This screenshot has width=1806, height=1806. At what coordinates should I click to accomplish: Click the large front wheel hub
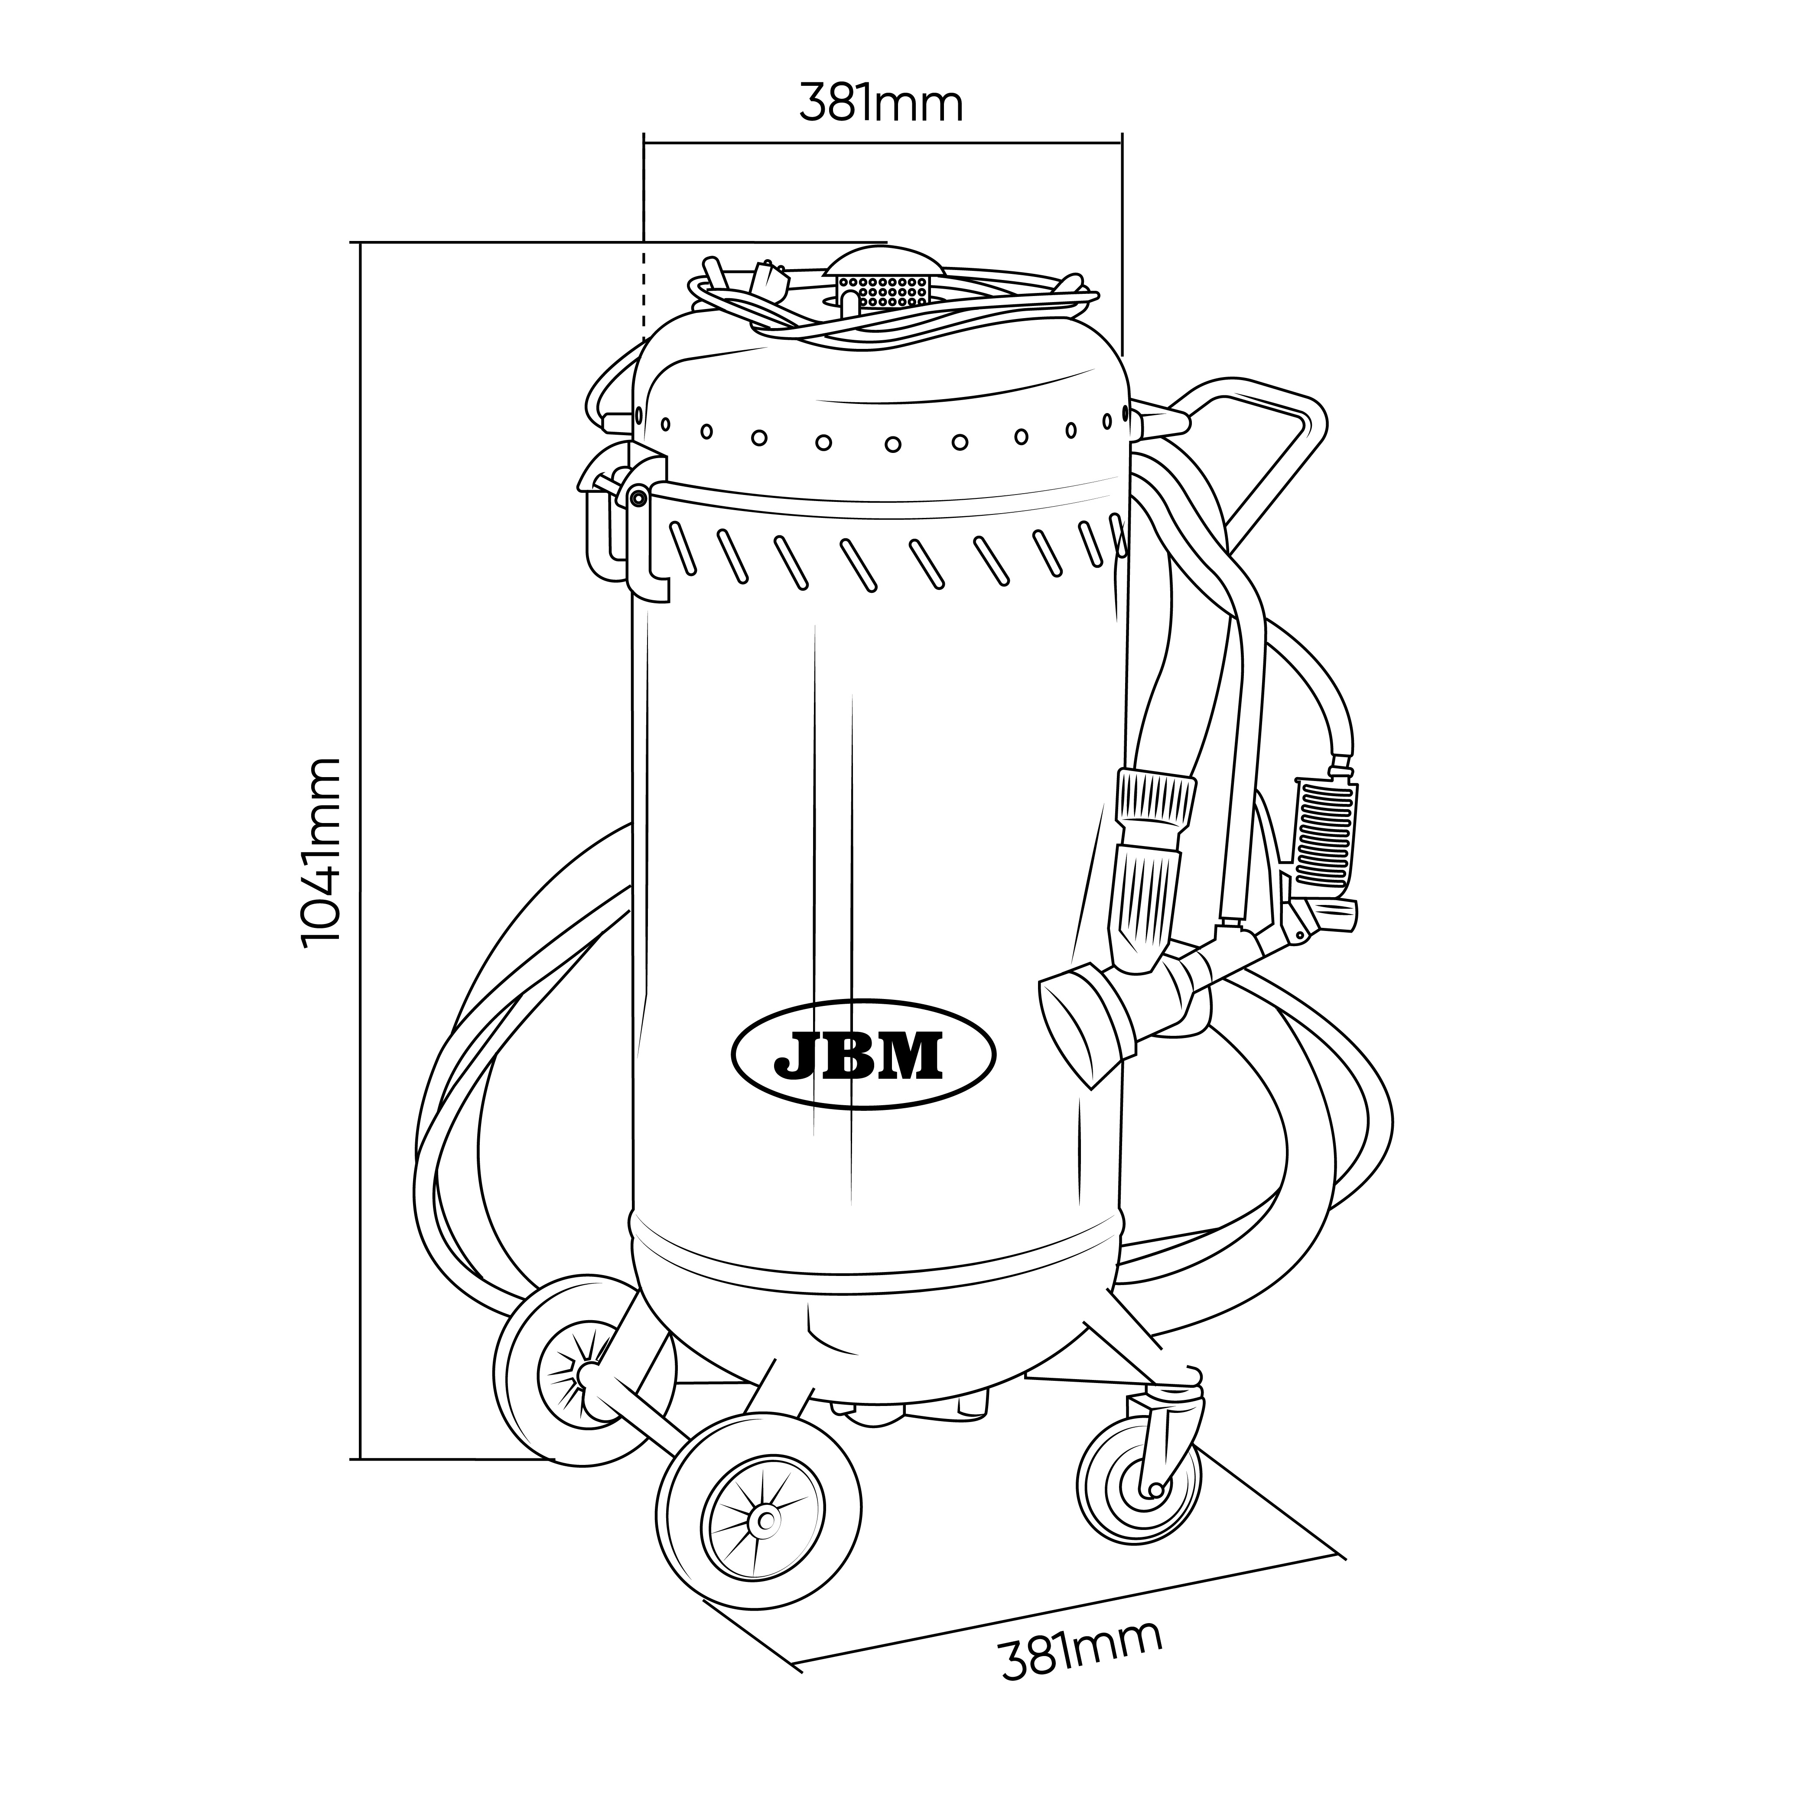(765, 1521)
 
